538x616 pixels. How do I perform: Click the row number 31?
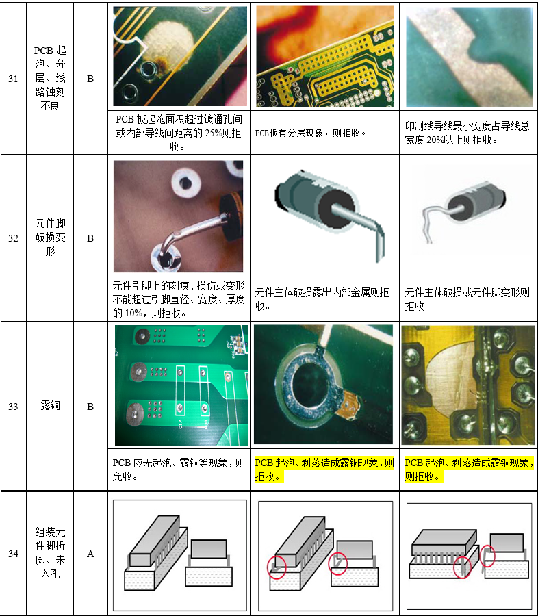(x=13, y=79)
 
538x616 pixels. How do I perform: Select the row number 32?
(x=13, y=238)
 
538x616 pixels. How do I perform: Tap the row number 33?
(x=13, y=406)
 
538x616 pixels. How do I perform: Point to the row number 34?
(x=13, y=554)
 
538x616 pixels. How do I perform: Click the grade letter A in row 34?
(x=90, y=554)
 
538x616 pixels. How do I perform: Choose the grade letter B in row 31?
(x=90, y=79)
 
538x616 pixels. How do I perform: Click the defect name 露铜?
(x=50, y=405)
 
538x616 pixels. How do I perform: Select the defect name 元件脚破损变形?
(x=50, y=237)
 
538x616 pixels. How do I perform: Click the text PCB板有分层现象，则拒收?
(x=310, y=133)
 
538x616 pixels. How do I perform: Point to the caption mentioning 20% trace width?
(x=467, y=133)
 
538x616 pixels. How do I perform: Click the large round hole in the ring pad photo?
(x=310, y=385)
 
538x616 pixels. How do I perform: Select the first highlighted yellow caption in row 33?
(x=324, y=470)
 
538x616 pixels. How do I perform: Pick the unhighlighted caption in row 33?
(x=179, y=470)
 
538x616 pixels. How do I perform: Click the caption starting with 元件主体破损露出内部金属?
(x=322, y=299)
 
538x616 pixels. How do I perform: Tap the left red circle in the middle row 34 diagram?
(x=277, y=567)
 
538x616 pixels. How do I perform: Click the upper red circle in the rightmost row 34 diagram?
(x=487, y=555)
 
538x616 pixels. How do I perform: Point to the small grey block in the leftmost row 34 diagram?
(x=209, y=549)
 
